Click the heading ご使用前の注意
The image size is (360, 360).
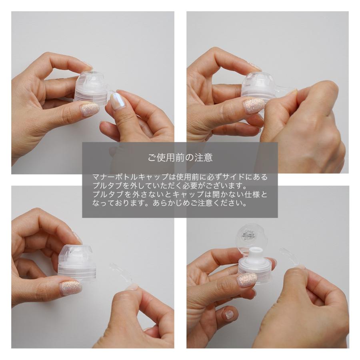pyautogui.click(x=180, y=158)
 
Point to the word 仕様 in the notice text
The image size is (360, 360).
pyautogui.click(x=254, y=194)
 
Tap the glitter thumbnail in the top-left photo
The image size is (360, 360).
pyautogui.click(x=90, y=109)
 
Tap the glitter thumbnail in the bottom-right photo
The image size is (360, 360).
pyautogui.click(x=247, y=280)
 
